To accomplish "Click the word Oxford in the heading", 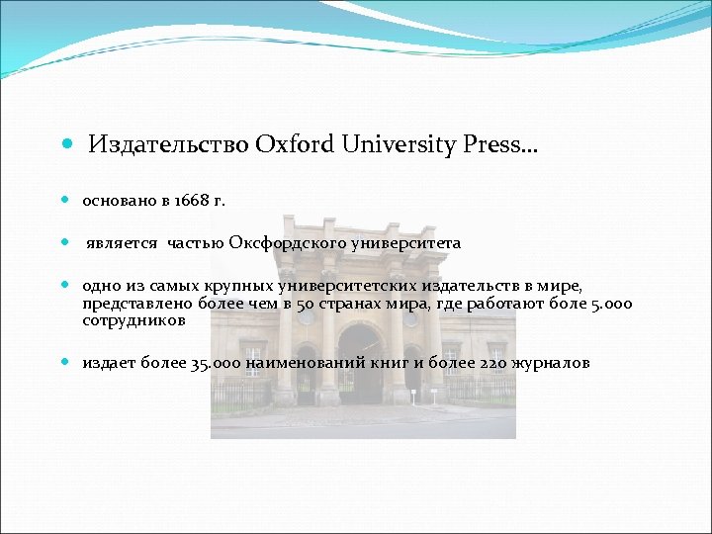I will (295, 145).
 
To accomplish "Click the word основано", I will (120, 201).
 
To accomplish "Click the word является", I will (123, 243).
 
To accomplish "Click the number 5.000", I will (611, 305).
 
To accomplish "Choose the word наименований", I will (305, 363).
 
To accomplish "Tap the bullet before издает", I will (65, 363).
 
